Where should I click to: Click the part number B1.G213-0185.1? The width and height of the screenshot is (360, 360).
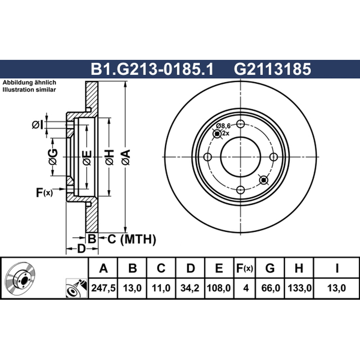tap(152, 69)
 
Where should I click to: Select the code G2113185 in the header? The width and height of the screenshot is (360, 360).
tap(272, 69)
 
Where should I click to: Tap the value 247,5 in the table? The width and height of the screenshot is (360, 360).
tap(103, 288)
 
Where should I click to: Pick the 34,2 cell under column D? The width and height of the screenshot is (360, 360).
tap(190, 288)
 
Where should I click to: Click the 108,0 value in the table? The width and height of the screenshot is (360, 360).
tap(219, 288)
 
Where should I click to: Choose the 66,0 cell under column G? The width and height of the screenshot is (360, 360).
tap(270, 288)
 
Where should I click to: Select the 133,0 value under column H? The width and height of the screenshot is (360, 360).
tap(299, 288)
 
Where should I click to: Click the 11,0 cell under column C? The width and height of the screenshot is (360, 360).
tap(161, 288)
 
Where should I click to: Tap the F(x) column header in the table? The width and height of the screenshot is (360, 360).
tap(244, 268)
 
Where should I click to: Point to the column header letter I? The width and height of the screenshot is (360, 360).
tap(337, 268)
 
